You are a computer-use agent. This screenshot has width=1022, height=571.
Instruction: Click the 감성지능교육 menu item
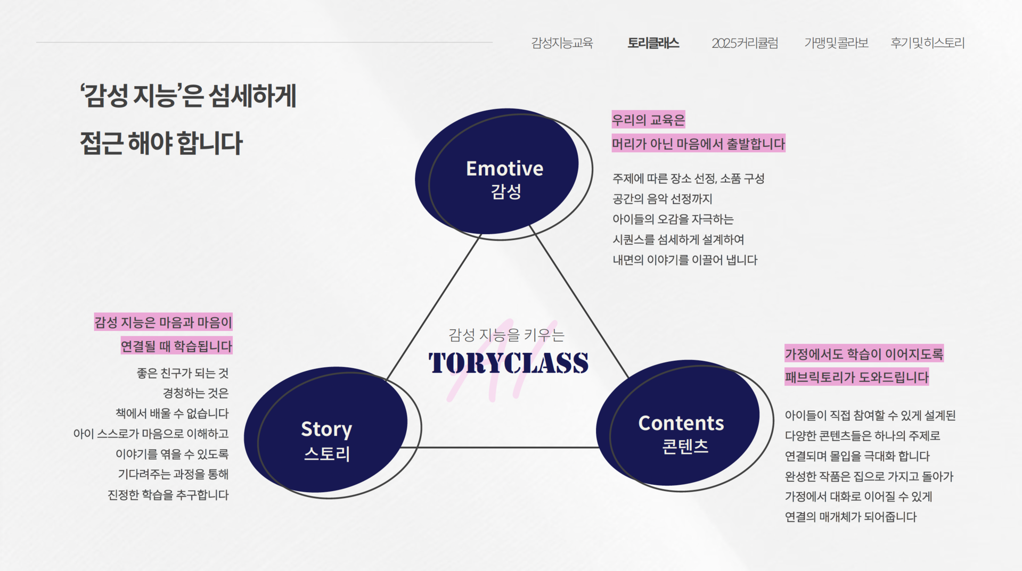[x=562, y=43]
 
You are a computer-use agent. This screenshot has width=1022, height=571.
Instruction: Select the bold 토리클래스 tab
[x=653, y=43]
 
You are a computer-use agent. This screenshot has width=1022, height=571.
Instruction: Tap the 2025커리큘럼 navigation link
[x=745, y=43]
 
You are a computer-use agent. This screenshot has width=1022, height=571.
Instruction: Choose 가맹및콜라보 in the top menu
[x=836, y=43]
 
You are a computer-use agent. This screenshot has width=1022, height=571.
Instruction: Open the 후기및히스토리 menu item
[x=927, y=43]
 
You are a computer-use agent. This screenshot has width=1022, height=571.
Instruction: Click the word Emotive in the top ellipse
[x=504, y=169]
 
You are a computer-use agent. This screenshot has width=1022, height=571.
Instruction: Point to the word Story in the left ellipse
[x=326, y=429]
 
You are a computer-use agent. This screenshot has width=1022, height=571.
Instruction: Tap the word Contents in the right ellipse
[x=681, y=423]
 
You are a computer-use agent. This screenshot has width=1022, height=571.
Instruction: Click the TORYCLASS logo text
[x=509, y=363]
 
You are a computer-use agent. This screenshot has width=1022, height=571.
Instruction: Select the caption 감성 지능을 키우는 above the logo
[x=506, y=335]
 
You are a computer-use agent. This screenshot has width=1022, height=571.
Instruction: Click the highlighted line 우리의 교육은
[x=648, y=120]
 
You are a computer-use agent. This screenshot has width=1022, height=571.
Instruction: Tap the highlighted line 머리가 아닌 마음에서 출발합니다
[x=698, y=144]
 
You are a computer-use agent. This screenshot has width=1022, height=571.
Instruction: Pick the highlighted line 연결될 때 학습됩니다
[x=176, y=346]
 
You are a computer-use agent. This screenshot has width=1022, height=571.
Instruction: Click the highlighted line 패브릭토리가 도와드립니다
[x=856, y=377]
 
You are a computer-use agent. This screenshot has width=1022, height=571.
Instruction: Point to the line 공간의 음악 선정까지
[x=662, y=199]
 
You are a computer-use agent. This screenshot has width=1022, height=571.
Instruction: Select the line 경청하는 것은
[x=195, y=393]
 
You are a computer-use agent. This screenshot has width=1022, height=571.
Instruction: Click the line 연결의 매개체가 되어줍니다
[x=851, y=517]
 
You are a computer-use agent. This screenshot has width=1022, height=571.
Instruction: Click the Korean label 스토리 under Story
[x=326, y=454]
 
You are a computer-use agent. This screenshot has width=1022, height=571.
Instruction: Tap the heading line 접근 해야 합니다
[x=161, y=143]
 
